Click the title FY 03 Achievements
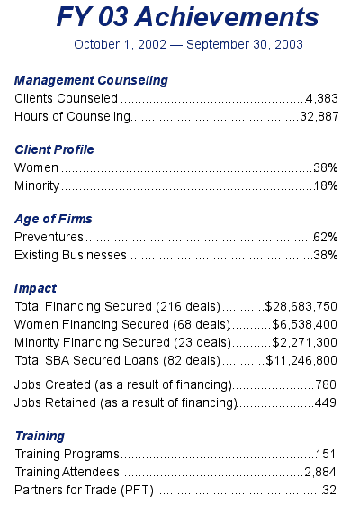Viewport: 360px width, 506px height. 187,17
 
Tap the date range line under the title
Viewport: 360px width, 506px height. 188,44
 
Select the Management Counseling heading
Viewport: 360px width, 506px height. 91,81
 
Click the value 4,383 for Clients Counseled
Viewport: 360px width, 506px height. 322,98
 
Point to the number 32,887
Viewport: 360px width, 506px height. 319,116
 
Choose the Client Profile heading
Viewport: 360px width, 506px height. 54,150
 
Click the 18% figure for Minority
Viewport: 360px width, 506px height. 326,185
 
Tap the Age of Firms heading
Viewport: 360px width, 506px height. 53,219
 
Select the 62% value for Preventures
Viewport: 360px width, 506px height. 326,237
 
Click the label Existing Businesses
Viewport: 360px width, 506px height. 70,256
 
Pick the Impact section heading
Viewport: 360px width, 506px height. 35,288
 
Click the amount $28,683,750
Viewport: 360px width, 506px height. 301,306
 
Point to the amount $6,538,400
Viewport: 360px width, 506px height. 305,324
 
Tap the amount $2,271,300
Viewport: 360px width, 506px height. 305,342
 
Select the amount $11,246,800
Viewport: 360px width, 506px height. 301,360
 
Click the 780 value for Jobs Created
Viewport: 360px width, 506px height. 326,384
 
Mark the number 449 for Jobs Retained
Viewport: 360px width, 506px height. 326,402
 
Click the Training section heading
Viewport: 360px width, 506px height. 40,437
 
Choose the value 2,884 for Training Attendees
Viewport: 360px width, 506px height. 320,472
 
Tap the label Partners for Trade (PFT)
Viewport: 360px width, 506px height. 84,490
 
